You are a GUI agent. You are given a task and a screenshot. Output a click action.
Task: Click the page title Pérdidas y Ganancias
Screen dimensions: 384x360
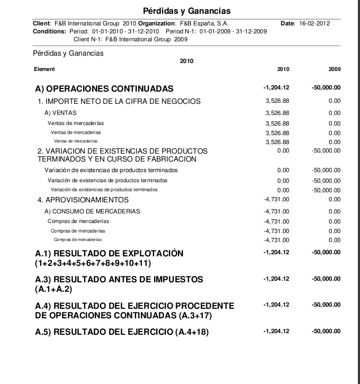coord(179,11)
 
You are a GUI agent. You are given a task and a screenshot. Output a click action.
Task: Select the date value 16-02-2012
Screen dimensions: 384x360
coord(315,24)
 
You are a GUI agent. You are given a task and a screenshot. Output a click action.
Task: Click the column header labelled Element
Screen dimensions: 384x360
coord(44,69)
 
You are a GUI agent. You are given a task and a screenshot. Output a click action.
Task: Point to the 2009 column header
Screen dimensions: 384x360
coord(334,69)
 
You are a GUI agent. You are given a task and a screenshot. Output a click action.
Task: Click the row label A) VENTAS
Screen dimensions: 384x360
coord(60,113)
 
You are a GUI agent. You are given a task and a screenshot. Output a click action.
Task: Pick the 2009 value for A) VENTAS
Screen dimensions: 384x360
coord(334,113)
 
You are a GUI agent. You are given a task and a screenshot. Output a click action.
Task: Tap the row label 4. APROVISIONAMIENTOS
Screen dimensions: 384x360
coord(83,200)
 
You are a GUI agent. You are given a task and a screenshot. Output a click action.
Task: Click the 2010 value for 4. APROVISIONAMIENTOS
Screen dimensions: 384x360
coord(276,200)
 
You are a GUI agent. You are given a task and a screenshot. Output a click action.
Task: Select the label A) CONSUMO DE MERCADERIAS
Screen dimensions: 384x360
coord(92,211)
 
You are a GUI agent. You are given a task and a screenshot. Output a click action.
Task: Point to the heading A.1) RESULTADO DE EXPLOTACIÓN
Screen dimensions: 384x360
coord(109,253)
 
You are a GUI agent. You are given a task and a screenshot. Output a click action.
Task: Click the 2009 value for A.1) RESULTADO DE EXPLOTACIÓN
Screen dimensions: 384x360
coord(326,253)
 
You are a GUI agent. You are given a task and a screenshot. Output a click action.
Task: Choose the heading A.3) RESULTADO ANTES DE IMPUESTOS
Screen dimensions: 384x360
coord(119,279)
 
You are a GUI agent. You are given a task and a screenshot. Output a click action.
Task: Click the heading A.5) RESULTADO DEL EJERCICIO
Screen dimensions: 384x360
coord(122,332)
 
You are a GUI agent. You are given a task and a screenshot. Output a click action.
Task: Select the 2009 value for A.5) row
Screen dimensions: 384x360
coord(326,332)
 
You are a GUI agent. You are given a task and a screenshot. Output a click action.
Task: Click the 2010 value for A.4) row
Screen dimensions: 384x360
coord(276,305)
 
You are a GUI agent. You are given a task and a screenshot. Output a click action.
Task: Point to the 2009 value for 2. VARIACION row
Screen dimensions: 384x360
coord(326,151)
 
